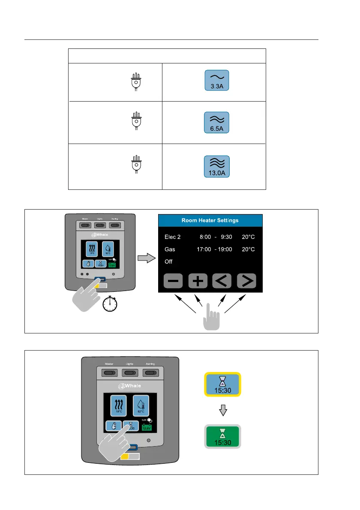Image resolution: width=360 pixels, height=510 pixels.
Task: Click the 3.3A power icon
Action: [x=216, y=81]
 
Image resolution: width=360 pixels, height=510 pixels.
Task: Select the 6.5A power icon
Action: [x=216, y=123]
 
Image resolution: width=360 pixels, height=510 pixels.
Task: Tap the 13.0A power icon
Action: [x=216, y=166]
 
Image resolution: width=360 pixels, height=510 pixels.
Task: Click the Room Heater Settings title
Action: [x=210, y=220]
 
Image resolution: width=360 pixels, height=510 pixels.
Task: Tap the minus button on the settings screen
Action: [x=173, y=281]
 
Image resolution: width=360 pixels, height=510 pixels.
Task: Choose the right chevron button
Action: [x=247, y=281]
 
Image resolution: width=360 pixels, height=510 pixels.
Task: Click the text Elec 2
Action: [x=174, y=237]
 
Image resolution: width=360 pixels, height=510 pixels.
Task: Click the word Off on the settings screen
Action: [x=169, y=261]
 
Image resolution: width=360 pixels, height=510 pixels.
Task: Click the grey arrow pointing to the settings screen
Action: [x=145, y=259]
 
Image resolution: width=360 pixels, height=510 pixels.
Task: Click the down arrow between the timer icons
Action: [x=222, y=411]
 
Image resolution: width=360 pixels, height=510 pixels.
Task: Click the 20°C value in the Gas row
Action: [x=248, y=249]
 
